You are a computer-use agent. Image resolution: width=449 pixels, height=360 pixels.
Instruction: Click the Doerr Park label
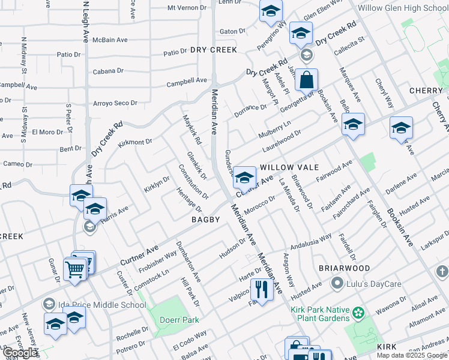(179, 320)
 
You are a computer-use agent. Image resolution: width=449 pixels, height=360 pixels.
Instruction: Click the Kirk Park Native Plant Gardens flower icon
(359, 313)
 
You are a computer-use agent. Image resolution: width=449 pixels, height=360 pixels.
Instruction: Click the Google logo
(20, 353)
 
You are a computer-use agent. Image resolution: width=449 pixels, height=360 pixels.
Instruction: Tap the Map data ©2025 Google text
(412, 355)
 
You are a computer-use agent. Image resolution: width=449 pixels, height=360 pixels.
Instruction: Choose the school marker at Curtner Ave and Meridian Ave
(244, 177)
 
